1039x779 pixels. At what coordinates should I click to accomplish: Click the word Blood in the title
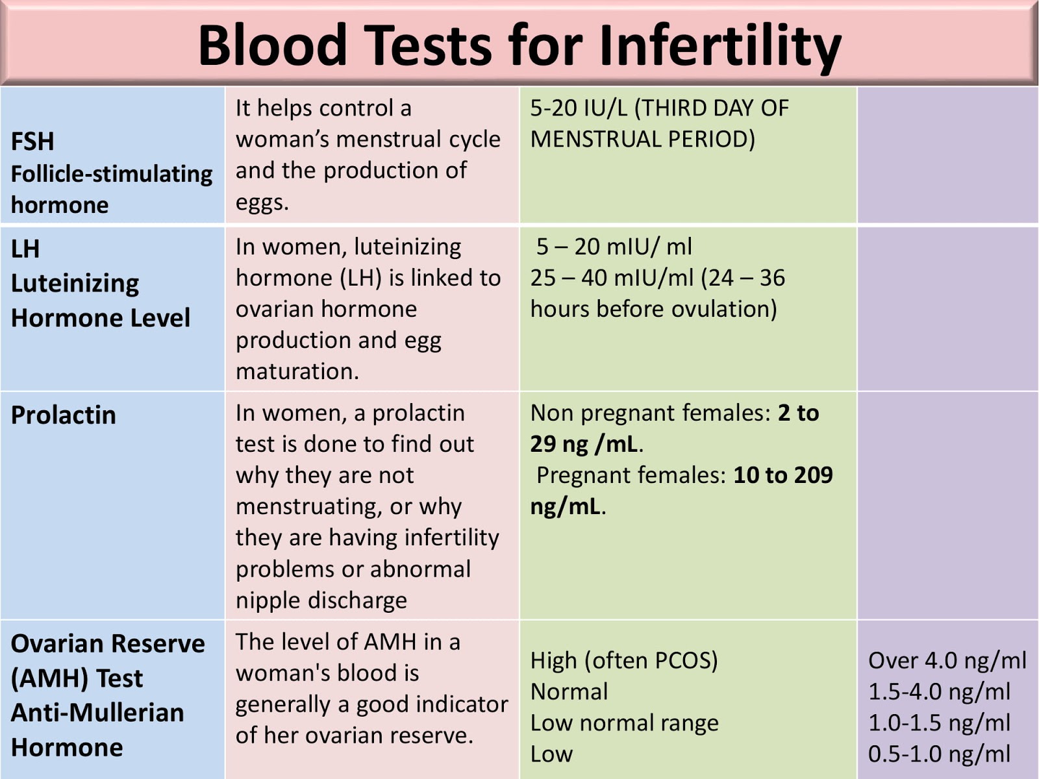click(273, 45)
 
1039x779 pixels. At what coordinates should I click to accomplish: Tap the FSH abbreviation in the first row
click(32, 142)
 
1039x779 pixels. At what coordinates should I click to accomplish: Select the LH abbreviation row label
click(25, 249)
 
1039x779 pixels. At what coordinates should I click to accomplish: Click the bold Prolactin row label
click(63, 415)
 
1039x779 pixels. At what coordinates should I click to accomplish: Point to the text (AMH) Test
click(77, 678)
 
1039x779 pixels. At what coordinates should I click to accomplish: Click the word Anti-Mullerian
click(97, 713)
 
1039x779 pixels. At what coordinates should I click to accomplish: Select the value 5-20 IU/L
click(579, 108)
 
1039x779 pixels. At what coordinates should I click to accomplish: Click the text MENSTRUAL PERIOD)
click(642, 139)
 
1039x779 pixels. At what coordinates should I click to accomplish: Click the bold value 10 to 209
click(782, 475)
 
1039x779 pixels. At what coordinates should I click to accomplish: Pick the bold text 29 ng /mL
click(584, 444)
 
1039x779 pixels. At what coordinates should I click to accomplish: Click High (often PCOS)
click(623, 660)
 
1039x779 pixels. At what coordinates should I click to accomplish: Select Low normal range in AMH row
click(624, 723)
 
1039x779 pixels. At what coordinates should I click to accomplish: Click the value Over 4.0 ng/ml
click(947, 660)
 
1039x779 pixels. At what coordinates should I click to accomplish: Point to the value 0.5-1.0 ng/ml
click(939, 754)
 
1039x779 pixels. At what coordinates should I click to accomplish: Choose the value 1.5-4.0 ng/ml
click(939, 691)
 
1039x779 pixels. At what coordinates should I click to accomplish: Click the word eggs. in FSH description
click(262, 203)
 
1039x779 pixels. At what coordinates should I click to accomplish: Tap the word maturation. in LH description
click(297, 371)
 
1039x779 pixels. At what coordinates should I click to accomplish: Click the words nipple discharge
click(321, 600)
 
